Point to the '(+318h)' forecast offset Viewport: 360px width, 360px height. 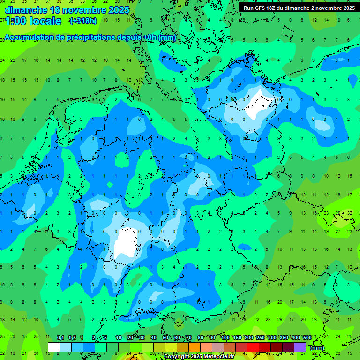coord(83,21)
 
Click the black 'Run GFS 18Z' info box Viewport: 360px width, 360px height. coord(299,8)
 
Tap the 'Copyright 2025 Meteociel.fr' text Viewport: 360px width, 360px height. coord(199,357)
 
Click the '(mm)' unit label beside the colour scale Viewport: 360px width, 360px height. coord(317,348)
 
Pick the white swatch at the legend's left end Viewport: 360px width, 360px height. coord(54,347)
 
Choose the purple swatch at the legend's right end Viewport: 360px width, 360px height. coord(300,347)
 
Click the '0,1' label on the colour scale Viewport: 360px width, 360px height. coord(60,338)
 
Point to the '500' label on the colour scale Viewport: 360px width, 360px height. coord(307,338)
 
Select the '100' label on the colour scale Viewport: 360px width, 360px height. coord(225,338)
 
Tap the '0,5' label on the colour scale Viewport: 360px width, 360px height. coord(72,338)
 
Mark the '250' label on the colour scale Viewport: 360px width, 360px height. coord(260,338)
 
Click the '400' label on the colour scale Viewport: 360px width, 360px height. coord(295,338)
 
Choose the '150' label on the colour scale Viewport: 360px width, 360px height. coord(237,338)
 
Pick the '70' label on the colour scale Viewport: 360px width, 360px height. coord(189,338)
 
